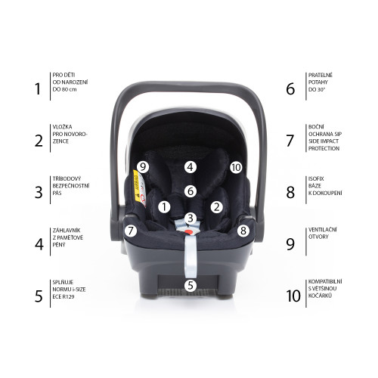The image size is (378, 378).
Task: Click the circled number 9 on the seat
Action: pos(143,167)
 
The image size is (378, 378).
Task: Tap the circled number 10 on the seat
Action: pos(236,167)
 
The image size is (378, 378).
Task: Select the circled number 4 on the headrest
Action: pos(191,167)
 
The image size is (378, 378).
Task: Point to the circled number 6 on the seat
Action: pos(191,191)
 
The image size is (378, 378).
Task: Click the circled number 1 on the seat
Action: pos(164,207)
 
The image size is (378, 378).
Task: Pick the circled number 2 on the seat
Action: pos(216,207)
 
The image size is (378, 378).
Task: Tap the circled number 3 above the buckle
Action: pos(191,218)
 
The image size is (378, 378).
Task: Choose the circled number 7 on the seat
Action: pos(131,231)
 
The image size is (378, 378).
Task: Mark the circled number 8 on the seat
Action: pos(243,231)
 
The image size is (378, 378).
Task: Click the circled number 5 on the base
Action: pos(191,285)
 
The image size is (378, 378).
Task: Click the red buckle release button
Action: pos(188,231)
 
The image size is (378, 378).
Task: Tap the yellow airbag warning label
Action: pos(136,186)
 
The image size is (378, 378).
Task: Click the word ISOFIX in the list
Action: pos(316,178)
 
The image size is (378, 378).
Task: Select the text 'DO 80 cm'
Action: pos(64,89)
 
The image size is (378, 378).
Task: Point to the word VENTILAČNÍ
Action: pos(323,230)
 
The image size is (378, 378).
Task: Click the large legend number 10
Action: pos(293,296)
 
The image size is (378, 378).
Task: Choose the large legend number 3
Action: pos(39,192)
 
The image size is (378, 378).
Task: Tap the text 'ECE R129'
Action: pos(64,296)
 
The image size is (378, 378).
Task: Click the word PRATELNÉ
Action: pos(321,75)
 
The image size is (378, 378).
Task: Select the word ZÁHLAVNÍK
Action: pos(67,231)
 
